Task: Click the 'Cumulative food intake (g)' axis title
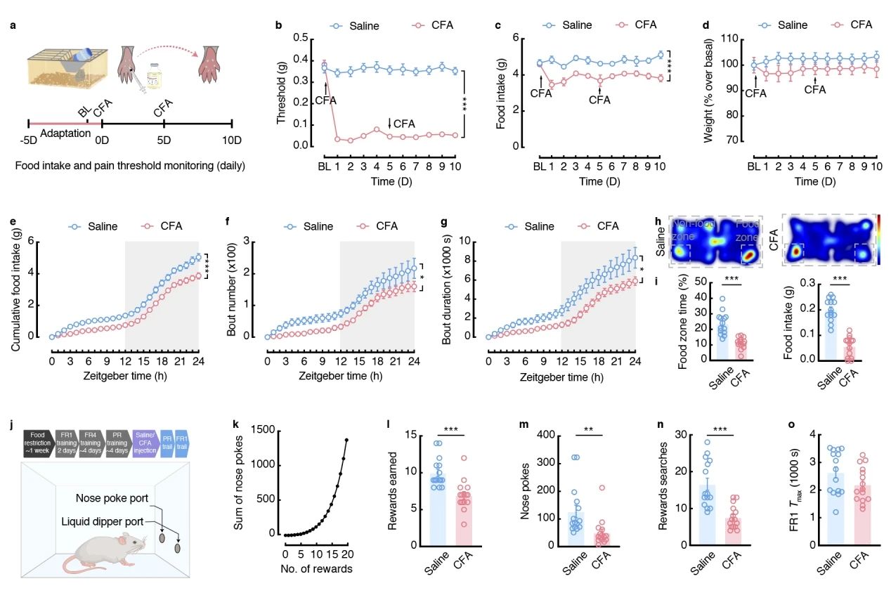click(15, 288)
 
